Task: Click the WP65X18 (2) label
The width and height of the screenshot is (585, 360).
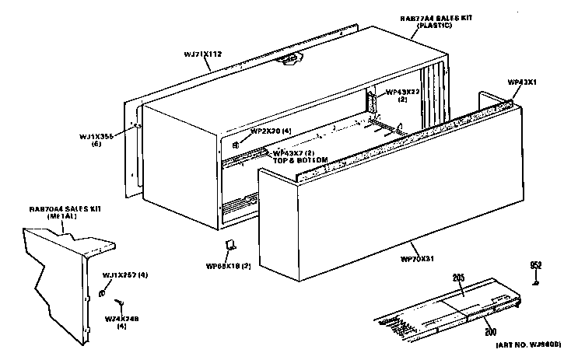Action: pyautogui.click(x=226, y=266)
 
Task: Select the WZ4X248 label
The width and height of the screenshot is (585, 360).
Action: pyautogui.click(x=121, y=320)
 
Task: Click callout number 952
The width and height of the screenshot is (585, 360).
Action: pyautogui.click(x=535, y=265)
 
